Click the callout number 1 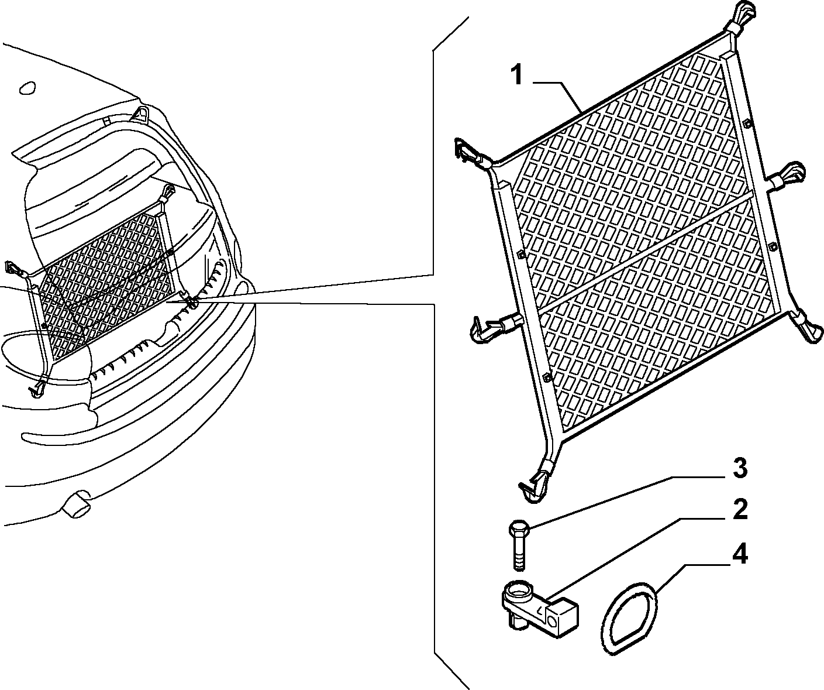[518, 75]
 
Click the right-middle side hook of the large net [785, 176]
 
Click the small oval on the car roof [27, 88]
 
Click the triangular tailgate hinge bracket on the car [140, 113]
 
